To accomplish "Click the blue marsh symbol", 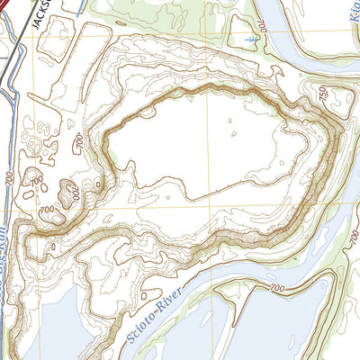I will point(249,41).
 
